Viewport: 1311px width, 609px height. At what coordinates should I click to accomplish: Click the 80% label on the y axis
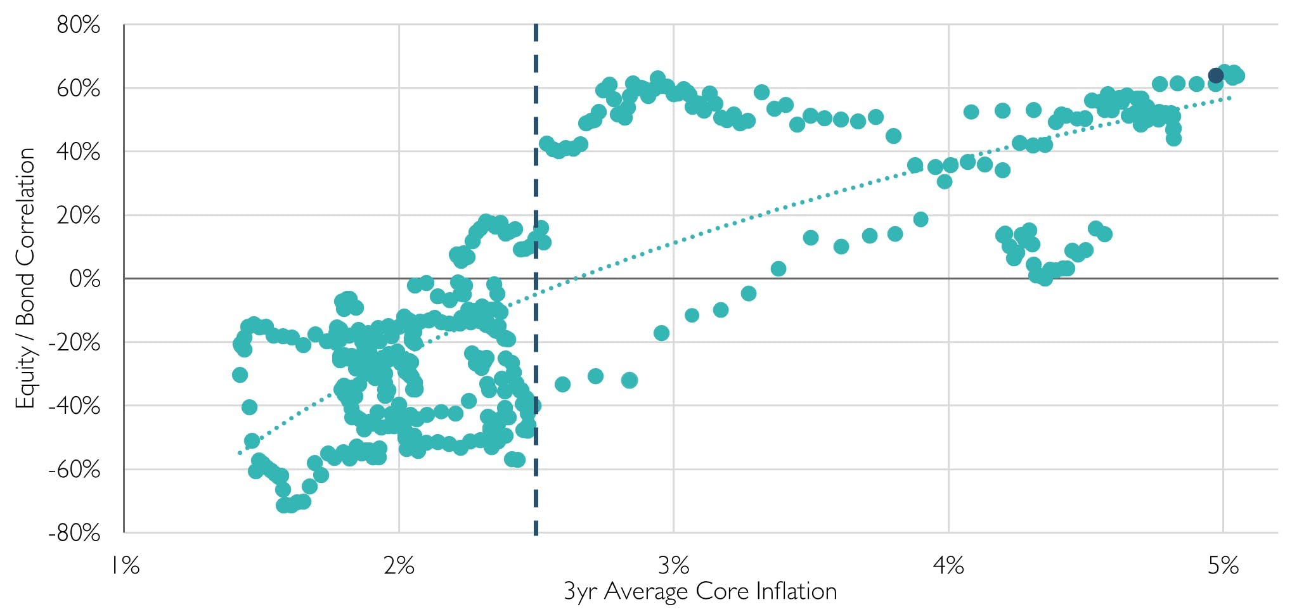78,25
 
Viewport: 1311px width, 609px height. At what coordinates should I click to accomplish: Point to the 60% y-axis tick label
78,89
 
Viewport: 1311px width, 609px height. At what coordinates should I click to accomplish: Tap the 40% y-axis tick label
78,152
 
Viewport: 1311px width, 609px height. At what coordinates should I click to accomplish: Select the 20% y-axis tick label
78,215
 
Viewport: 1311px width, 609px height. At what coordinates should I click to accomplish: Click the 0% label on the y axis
84,279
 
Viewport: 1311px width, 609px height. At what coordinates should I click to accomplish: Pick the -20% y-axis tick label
74,343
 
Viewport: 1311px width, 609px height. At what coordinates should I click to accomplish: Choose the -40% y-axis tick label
74,406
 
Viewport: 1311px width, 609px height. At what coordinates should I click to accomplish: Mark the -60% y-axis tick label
74,470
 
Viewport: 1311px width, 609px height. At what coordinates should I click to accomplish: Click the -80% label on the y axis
74,533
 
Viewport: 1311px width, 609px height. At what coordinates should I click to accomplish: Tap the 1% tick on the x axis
125,565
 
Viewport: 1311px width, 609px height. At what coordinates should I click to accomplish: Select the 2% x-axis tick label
399,565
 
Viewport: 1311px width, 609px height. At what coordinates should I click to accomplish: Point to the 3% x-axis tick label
673,565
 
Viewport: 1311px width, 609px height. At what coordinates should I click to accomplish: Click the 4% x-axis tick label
948,565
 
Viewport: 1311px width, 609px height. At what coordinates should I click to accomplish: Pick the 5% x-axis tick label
1223,565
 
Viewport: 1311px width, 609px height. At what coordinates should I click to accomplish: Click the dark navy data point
1215,76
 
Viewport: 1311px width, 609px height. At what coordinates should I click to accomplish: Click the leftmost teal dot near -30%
240,375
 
